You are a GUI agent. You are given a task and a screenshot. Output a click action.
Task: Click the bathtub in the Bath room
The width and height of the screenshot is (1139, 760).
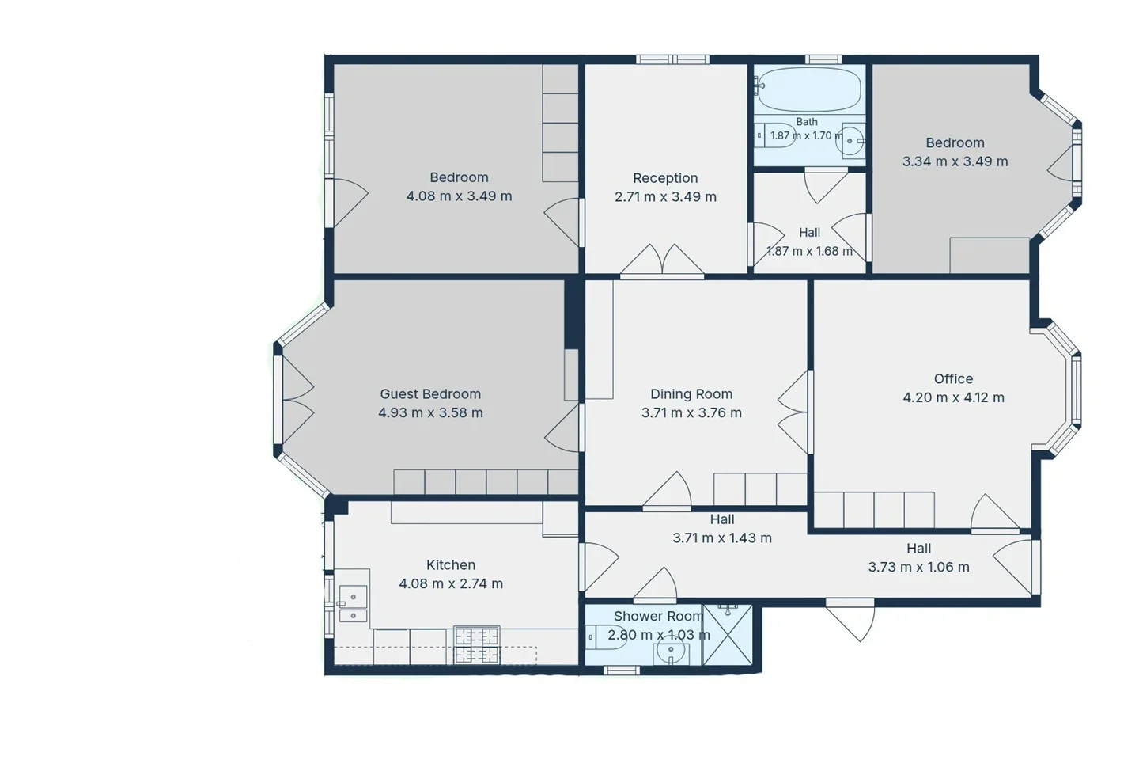(809, 89)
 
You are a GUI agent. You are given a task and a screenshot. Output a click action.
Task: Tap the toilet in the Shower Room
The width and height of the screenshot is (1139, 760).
(606, 636)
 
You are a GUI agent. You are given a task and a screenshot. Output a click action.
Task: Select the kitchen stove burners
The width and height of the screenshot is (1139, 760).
(476, 645)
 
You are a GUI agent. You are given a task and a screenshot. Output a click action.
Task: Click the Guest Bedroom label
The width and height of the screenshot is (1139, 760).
(430, 394)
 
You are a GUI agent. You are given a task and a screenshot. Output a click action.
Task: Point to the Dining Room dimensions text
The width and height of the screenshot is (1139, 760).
(691, 412)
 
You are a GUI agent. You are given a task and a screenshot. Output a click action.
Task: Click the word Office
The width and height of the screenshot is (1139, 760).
(953, 378)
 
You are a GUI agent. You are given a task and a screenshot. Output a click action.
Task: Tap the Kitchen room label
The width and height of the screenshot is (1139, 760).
(451, 565)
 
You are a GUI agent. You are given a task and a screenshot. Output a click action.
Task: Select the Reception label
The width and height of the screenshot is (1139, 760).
(665, 178)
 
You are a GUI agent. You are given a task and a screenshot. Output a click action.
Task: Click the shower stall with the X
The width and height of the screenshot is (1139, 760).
(727, 634)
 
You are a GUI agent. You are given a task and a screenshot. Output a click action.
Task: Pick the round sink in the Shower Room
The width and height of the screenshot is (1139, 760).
(672, 651)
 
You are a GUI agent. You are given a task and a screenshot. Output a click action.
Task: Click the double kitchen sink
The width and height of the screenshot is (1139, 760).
(353, 604)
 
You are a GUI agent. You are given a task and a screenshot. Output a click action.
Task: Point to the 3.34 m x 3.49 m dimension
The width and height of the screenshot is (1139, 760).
(955, 161)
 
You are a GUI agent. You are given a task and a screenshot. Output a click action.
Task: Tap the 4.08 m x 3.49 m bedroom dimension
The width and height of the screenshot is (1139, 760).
(459, 196)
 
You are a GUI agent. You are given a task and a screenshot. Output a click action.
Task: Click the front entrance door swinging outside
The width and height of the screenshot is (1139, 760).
(850, 620)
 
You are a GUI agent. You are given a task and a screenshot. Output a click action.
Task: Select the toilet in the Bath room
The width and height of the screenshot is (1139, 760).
(774, 135)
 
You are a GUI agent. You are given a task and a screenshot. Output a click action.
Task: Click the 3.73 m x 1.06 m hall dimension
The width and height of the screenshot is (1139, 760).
(919, 567)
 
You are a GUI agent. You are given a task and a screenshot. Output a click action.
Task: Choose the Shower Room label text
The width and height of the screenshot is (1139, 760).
(658, 617)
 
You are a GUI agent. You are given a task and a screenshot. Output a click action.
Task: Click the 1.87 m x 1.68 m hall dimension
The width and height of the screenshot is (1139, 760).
(809, 251)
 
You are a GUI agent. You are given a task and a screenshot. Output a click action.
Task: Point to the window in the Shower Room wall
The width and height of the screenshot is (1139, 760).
(622, 671)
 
